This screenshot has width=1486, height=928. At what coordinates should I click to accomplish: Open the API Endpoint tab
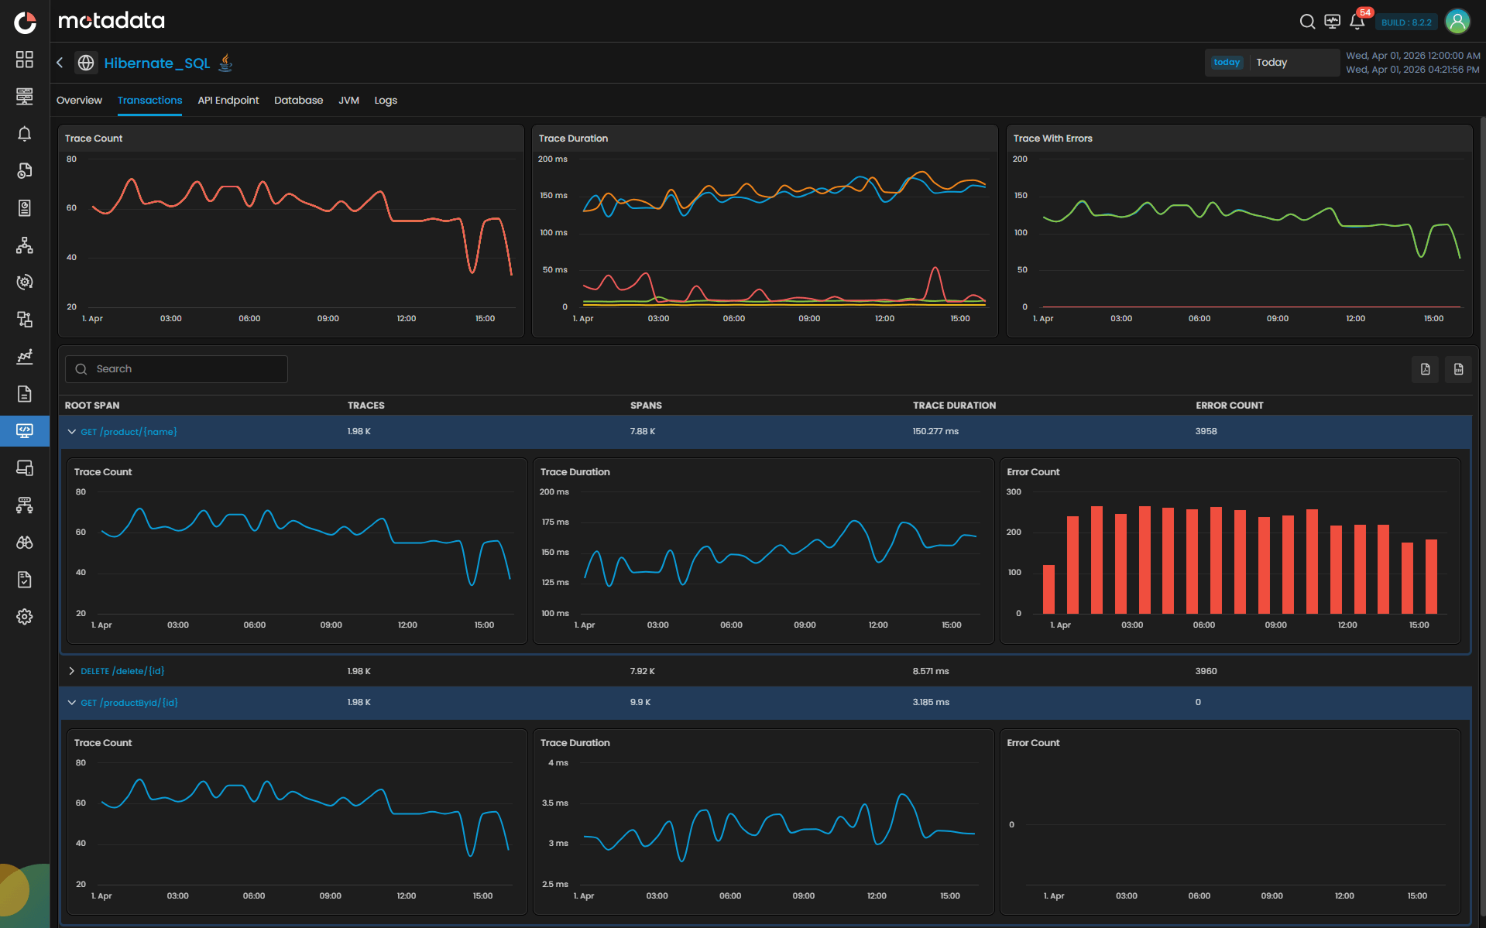coord(228,101)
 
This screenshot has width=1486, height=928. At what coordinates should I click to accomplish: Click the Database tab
coord(298,101)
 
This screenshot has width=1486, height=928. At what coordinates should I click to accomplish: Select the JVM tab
coord(348,101)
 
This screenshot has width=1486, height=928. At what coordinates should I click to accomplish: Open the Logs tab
coord(386,101)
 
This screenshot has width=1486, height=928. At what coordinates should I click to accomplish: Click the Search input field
coord(186,369)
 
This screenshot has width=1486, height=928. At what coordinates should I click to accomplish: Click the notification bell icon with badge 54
coord(1357,22)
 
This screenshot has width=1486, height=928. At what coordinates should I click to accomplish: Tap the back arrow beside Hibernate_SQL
coord(60,63)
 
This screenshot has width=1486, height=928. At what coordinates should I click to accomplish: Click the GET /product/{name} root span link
coord(129,432)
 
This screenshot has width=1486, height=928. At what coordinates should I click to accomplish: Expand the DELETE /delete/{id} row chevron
coord(71,671)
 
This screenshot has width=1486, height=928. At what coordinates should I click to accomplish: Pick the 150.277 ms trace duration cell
coord(935,431)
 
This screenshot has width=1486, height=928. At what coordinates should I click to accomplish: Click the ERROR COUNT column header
coord(1229,406)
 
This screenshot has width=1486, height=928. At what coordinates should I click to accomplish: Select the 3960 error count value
coord(1206,671)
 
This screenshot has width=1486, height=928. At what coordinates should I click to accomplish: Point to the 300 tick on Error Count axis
coord(1014,492)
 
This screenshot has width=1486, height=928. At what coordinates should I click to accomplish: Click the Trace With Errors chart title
coord(1052,139)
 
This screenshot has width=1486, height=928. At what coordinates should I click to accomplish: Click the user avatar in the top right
coord(1457,22)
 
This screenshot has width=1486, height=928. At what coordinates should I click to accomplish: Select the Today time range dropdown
coord(1272,63)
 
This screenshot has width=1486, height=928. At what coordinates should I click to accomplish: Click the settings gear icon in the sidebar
coord(25,617)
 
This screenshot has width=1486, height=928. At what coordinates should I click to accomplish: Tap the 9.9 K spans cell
coord(640,702)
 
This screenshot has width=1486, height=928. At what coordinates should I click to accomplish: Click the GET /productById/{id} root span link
coord(129,703)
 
